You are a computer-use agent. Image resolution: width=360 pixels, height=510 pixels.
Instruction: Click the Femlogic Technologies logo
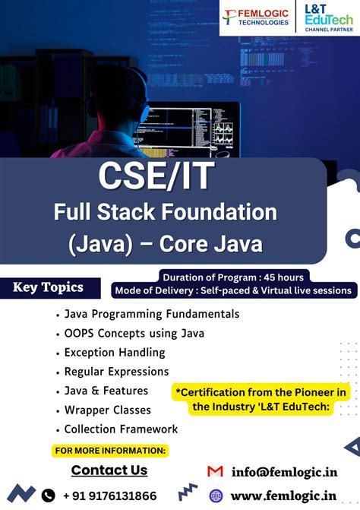[256, 17]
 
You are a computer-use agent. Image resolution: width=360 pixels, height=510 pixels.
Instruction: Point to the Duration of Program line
[232, 277]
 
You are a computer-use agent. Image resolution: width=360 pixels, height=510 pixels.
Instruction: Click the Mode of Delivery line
[233, 290]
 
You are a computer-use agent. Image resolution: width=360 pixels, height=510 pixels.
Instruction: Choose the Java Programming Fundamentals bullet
[151, 314]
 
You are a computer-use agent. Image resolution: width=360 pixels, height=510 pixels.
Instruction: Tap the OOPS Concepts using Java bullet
[134, 333]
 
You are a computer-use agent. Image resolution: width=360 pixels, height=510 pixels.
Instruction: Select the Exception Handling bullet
[115, 352]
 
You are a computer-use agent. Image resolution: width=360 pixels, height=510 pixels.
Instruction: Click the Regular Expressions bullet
[116, 372]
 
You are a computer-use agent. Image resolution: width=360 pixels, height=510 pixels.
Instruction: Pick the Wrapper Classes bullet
[106, 410]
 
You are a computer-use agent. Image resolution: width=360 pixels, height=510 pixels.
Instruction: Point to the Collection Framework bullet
[121, 429]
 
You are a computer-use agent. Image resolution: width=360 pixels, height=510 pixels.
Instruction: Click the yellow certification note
[261, 399]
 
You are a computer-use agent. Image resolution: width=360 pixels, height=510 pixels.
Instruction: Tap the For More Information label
[110, 451]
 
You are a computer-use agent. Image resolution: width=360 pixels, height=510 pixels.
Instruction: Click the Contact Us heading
[109, 470]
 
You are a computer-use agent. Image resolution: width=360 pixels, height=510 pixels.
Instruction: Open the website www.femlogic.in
[283, 496]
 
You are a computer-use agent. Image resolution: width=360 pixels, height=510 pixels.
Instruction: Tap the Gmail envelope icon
[215, 471]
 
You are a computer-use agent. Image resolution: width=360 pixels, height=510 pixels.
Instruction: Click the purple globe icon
[216, 496]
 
